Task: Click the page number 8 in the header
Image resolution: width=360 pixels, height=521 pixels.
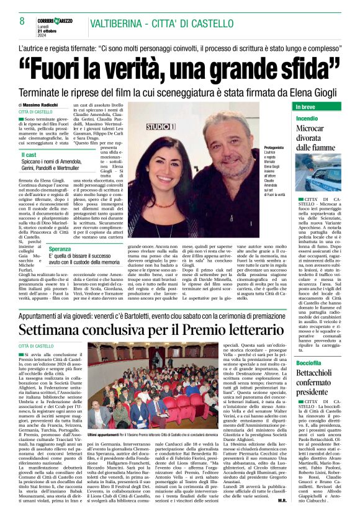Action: click(x=22, y=21)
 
